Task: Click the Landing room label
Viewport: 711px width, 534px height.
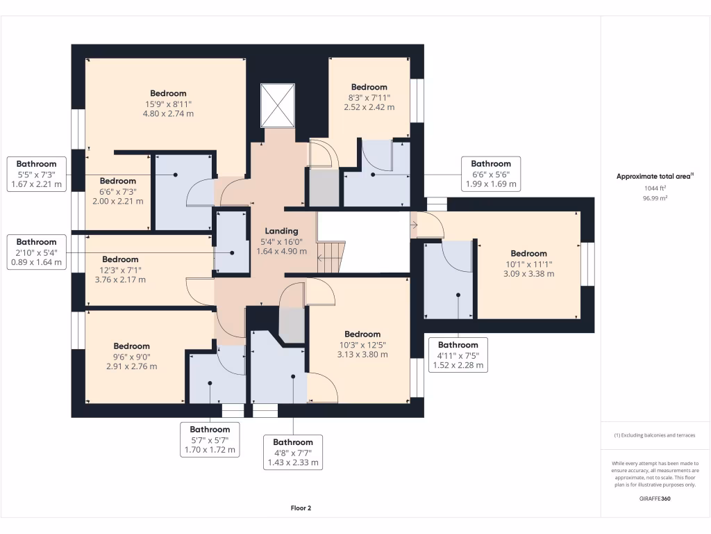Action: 281,231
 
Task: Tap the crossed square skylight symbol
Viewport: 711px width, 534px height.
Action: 277,106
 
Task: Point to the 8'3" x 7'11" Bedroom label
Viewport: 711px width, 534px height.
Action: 369,87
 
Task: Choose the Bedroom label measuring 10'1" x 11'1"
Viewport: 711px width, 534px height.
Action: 528,253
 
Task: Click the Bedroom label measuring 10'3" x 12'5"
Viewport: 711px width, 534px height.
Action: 362,334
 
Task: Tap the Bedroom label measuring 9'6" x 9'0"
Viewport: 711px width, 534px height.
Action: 131,346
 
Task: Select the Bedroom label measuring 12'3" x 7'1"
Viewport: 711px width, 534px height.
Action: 120,259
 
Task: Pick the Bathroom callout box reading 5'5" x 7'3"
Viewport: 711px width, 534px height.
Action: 37,175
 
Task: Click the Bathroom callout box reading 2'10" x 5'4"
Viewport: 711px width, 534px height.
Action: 37,252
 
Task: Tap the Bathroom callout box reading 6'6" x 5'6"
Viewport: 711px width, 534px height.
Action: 491,174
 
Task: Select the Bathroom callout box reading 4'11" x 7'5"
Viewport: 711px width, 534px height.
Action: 458,355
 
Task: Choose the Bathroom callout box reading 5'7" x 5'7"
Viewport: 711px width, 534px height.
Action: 210,439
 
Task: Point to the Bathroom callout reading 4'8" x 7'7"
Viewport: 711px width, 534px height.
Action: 292,452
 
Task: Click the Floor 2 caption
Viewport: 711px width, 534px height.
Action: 301,508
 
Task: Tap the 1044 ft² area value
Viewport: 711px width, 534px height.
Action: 655,188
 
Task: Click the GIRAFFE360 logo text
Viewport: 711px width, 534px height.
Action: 655,499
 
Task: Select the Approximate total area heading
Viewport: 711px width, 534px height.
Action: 655,177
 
